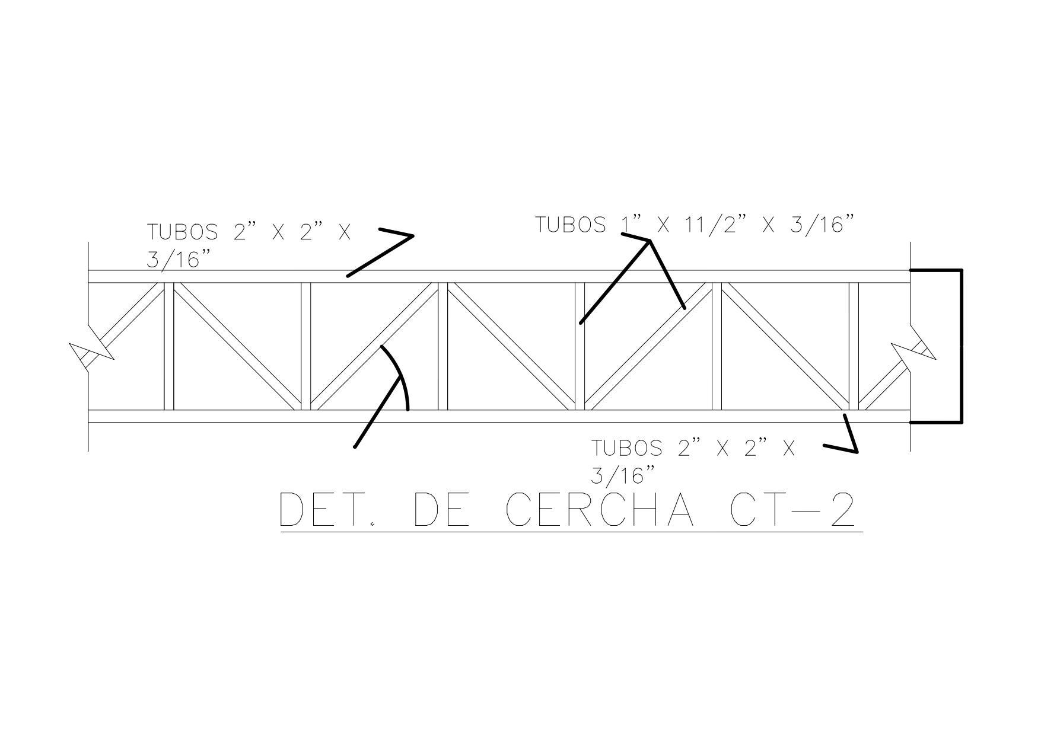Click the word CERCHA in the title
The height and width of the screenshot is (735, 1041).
[599, 510]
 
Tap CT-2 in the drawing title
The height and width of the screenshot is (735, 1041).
[792, 510]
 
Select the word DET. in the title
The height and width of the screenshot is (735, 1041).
[327, 510]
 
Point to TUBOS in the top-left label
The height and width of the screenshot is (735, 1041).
[182, 232]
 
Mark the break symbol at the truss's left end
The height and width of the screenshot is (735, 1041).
[91, 353]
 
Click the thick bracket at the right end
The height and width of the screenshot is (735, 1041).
[961, 346]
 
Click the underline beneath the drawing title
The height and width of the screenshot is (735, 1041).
[571, 532]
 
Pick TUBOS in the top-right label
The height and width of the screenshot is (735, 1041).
[571, 225]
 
